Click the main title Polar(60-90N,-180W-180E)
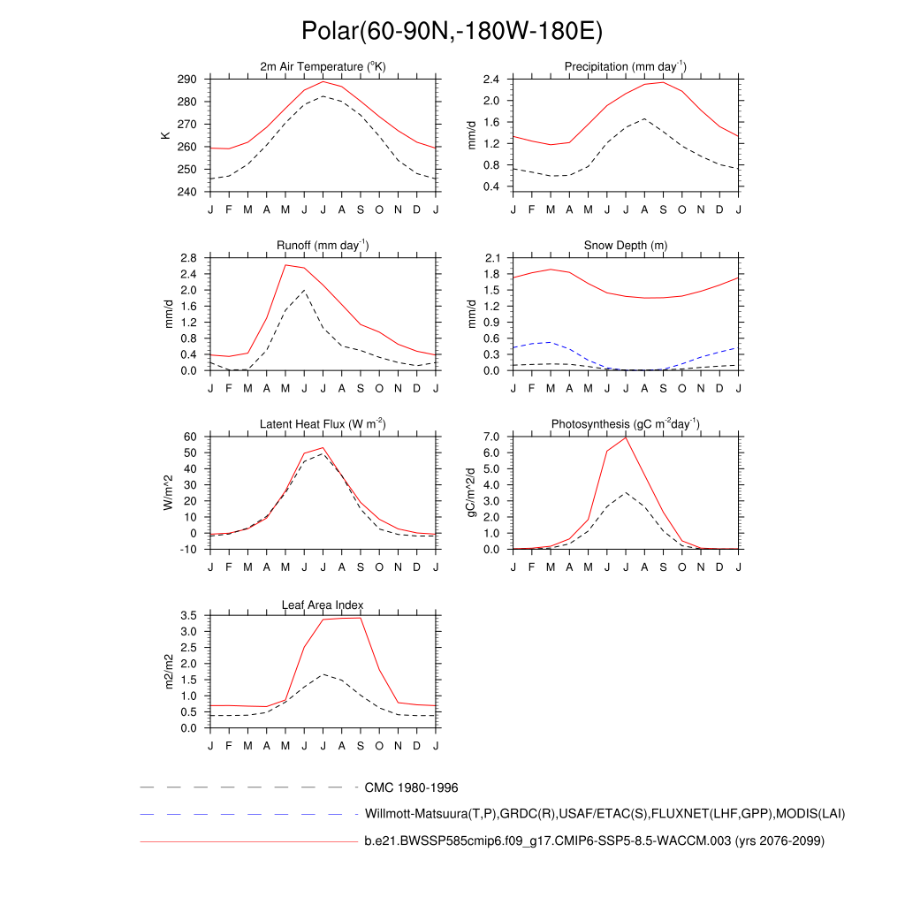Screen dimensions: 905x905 pyautogui.click(x=452, y=31)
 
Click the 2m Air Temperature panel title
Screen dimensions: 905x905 pyautogui.click(x=323, y=67)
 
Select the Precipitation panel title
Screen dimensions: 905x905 pyautogui.click(x=626, y=67)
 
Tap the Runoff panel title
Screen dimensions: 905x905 pyautogui.click(x=323, y=246)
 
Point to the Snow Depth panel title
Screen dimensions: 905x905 pyautogui.click(x=626, y=246)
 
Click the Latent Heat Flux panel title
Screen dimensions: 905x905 pyautogui.click(x=323, y=424)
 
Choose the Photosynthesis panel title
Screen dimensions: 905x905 pyautogui.click(x=626, y=424)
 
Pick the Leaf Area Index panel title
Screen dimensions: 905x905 pyautogui.click(x=323, y=605)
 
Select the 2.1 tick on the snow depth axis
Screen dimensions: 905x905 pyautogui.click(x=492, y=258)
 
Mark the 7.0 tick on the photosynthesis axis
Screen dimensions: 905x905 pyautogui.click(x=492, y=437)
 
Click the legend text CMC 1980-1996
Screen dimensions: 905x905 pyautogui.click(x=411, y=787)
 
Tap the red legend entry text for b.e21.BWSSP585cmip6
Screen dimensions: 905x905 pyautogui.click(x=594, y=841)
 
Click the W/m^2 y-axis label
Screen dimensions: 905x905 pyautogui.click(x=168, y=492)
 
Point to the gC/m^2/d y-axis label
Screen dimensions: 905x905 pyautogui.click(x=471, y=492)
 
